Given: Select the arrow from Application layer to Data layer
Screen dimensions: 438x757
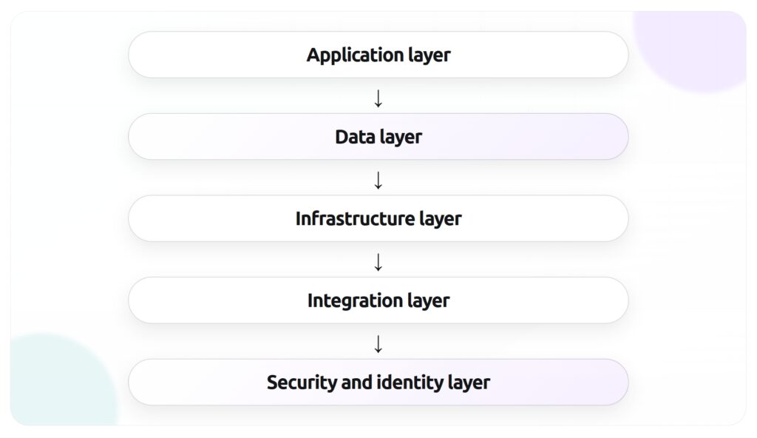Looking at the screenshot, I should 378,98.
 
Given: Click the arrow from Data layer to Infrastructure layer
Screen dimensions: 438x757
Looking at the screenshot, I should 378,180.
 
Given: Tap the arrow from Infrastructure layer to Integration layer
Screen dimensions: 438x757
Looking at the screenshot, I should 378,262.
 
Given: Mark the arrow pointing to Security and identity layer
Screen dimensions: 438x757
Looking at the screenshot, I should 378,343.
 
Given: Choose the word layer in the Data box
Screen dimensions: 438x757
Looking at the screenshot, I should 401,138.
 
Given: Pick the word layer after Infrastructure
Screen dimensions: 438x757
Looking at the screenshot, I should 441,220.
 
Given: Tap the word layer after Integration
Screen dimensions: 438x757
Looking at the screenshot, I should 429,302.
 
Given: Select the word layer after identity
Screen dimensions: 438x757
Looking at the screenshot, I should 469,383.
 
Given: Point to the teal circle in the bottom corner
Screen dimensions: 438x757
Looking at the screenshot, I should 55,385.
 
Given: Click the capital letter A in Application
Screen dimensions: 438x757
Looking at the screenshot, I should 313,55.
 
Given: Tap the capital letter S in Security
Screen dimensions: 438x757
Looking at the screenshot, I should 272,383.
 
